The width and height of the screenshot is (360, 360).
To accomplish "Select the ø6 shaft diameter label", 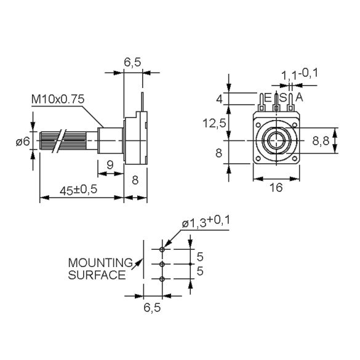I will pyautogui.click(x=22, y=142).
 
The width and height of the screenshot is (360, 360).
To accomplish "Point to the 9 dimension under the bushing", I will pyautogui.click(x=109, y=164).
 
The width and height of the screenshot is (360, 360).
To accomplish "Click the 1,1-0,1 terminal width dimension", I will pyautogui.click(x=299, y=74).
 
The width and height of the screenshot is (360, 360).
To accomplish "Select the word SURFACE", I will pyautogui.click(x=96, y=275).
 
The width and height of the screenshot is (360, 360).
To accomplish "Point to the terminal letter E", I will pyautogui.click(x=267, y=97).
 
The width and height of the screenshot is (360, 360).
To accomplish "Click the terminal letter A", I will pyautogui.click(x=299, y=97).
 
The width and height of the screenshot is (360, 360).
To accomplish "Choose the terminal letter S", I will pyautogui.click(x=283, y=97).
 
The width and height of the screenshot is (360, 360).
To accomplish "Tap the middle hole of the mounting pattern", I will pyautogui.click(x=161, y=264).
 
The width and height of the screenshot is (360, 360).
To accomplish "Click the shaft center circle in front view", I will pyautogui.click(x=276, y=141).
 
